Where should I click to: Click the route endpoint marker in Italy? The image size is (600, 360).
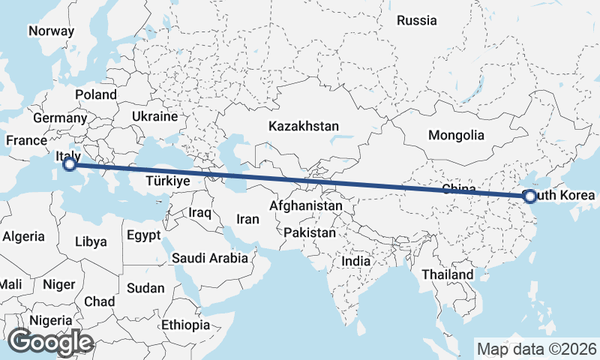point(70,164)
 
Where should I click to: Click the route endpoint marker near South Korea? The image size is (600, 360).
point(530,196)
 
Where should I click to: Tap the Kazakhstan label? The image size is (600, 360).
point(304,126)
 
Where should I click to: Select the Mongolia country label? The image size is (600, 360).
point(456,136)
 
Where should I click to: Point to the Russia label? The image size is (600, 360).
point(416,20)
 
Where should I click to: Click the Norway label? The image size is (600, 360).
point(51,31)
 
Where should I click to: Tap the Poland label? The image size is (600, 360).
point(96,94)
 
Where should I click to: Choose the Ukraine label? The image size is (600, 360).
point(154,117)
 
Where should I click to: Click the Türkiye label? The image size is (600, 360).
point(168,181)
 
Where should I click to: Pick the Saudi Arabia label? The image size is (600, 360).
point(210,258)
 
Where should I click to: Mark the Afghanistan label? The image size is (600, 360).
point(306,205)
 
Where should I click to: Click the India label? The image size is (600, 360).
point(356,262)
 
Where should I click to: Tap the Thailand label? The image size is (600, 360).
point(448,274)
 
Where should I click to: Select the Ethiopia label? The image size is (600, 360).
point(186,325)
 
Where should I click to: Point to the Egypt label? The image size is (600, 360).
point(143,235)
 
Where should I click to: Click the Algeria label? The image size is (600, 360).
point(24,236)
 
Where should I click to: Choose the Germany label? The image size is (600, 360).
point(61,118)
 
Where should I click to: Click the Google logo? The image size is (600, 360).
point(51,341)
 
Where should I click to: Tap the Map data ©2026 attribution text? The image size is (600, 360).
point(536,349)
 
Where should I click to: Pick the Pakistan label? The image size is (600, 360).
point(310,232)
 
